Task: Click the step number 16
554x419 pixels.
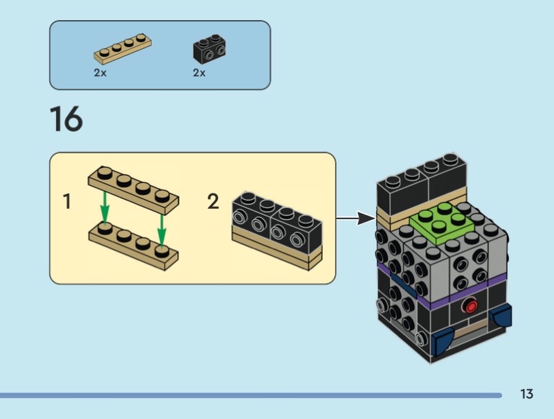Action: (66, 119)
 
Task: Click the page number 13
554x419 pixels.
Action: (526, 395)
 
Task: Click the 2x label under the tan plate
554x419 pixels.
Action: (100, 73)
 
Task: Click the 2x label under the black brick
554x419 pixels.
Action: (199, 73)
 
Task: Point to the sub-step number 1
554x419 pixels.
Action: (67, 202)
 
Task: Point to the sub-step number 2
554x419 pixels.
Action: (213, 202)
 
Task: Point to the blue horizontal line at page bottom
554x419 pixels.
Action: (249, 395)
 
